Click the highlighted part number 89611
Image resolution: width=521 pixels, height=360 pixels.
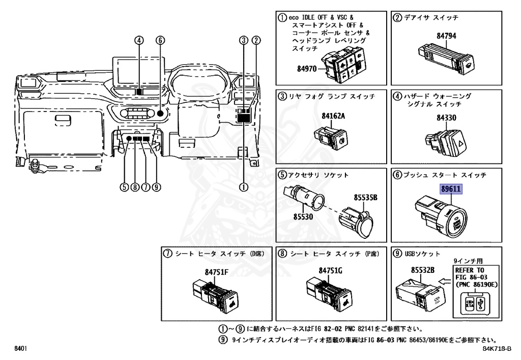coord(451,188)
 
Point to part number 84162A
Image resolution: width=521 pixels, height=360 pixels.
coord(333,116)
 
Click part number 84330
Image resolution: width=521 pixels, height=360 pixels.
coord(446,117)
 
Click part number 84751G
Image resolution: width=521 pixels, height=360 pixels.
coord(331,270)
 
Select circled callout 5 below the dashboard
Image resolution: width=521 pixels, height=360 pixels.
coord(124,187)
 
